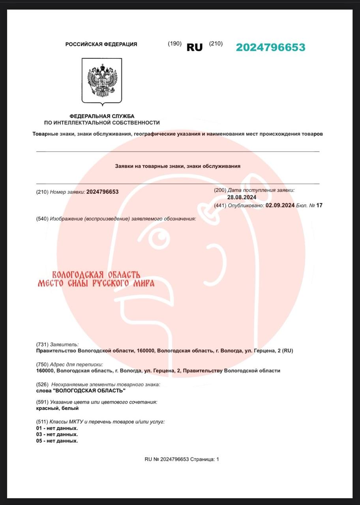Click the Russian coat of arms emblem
tap(102, 81)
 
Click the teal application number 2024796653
tap(270, 47)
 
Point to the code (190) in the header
tap(174, 43)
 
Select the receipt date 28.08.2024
tap(242, 197)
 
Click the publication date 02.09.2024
tap(280, 205)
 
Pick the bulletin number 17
tap(319, 205)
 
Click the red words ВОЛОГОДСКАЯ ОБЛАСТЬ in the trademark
tap(96, 275)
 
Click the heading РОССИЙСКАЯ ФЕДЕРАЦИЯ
tap(101, 45)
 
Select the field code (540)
tap(42, 219)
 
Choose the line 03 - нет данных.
tap(57, 434)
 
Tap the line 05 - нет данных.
tap(57, 441)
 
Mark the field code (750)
tap(42, 364)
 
